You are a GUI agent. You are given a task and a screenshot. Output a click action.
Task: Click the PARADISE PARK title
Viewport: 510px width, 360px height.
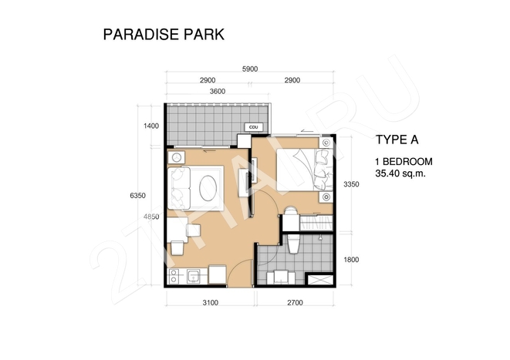164,35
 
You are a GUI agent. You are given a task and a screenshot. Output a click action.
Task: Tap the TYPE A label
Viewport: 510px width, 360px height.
397,140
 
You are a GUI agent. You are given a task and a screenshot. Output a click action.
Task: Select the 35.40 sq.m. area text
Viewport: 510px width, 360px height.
400,173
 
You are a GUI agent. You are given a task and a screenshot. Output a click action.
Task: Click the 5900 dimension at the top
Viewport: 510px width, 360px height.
250,69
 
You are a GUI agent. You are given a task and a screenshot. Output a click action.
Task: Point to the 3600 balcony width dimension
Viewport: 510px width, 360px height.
218,91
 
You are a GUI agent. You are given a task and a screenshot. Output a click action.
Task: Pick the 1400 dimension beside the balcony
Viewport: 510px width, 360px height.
151,126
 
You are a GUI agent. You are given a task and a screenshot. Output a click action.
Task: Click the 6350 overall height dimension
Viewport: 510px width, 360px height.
137,196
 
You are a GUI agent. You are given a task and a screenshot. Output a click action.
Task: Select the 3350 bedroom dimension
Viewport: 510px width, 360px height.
351,184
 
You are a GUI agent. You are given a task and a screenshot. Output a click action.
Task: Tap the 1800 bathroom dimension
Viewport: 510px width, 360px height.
351,260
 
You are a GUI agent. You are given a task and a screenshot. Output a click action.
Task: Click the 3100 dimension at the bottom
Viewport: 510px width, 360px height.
211,302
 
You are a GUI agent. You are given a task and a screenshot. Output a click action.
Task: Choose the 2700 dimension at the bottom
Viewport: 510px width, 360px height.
295,302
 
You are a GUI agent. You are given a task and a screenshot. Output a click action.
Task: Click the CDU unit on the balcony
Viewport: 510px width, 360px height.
253,127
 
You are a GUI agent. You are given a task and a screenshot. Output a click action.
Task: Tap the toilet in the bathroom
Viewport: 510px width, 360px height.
294,244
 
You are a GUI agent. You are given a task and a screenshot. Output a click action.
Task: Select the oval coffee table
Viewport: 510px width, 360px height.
208,188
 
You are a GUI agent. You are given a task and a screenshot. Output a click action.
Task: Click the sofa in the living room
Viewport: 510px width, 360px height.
178,188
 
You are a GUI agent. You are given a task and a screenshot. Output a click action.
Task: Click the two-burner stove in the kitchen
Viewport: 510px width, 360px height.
174,276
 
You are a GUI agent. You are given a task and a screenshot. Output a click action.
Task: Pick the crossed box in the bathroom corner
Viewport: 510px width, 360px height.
320,281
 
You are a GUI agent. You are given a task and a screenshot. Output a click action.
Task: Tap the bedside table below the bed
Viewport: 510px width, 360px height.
326,197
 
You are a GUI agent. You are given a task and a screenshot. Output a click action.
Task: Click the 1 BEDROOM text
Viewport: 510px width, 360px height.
404,161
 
